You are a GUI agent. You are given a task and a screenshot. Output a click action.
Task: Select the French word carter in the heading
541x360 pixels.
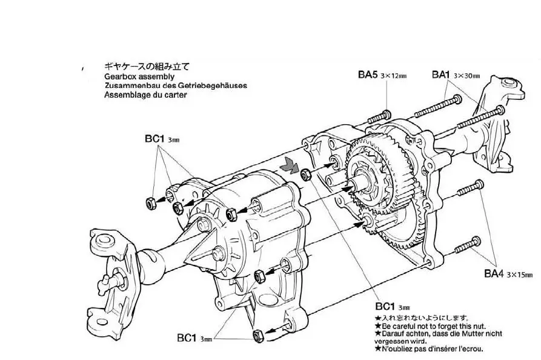point(174,95)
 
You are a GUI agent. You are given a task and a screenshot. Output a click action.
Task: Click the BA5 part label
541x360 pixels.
point(367,75)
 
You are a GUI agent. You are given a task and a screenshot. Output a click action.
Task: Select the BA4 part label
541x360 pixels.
point(494,273)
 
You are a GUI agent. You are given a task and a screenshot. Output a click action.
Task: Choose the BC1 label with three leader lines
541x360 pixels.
point(154,138)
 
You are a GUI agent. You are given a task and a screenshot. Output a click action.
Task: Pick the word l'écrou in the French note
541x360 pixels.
point(470,348)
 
